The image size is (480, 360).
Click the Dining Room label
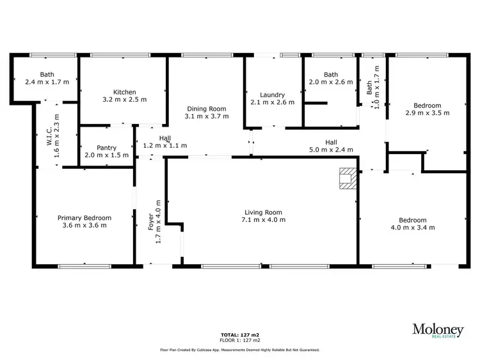(x=205, y=109)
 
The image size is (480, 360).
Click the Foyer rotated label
(x=152, y=222)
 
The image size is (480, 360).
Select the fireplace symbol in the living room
(x=348, y=178)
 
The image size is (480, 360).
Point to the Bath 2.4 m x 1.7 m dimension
(x=47, y=82)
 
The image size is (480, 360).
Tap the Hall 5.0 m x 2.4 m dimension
(x=331, y=150)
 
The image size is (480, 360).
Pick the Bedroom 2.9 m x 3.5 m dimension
(x=427, y=113)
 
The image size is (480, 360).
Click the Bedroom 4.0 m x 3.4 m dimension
(x=412, y=227)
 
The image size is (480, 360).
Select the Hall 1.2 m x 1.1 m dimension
(x=164, y=146)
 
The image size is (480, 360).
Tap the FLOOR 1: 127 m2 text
(x=239, y=340)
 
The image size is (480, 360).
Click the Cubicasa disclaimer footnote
(x=239, y=350)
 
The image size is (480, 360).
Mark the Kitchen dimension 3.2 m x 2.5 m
(x=125, y=100)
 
